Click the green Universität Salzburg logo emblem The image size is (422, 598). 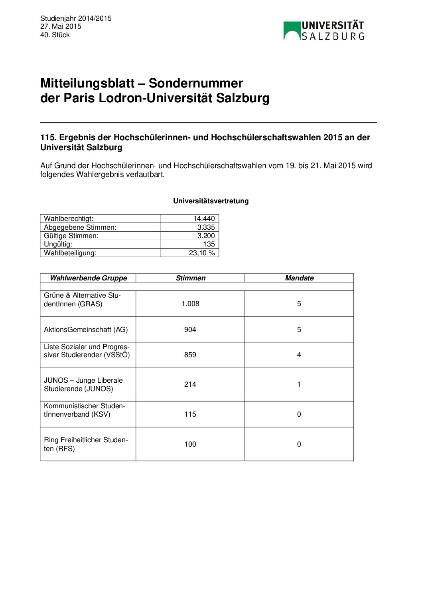click(x=292, y=31)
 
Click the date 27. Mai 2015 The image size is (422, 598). click(x=61, y=26)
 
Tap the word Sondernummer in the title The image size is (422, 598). click(x=195, y=83)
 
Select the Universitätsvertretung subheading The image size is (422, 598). click(x=211, y=201)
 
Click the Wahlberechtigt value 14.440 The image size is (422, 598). click(x=204, y=219)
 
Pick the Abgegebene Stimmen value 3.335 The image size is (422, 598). click(x=206, y=227)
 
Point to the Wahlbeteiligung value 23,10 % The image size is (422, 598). click(x=201, y=253)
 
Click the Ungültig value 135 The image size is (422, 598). click(x=209, y=244)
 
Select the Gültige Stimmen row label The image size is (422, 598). click(x=71, y=236)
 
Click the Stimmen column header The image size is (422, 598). click(x=191, y=278)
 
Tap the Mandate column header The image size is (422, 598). click(x=299, y=278)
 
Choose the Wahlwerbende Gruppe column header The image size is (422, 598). click(x=88, y=278)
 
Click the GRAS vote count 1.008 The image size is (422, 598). click(x=190, y=304)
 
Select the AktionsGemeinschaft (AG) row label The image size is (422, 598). click(x=86, y=330)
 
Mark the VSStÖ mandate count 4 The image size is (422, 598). click(x=299, y=355)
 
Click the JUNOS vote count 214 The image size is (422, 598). click(x=190, y=384)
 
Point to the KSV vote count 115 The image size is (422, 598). click(x=190, y=414)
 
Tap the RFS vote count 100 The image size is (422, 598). click(x=190, y=444)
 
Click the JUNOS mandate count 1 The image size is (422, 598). click(x=299, y=384)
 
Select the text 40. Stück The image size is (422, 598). click(x=55, y=35)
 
